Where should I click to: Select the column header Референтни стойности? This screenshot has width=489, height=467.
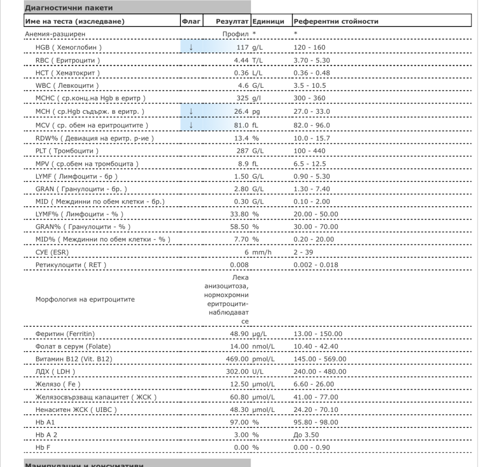click(x=336, y=21)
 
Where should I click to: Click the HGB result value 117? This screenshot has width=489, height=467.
click(x=243, y=47)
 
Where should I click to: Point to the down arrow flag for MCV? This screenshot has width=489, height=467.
click(x=191, y=125)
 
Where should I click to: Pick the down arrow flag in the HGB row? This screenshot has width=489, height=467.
click(x=191, y=47)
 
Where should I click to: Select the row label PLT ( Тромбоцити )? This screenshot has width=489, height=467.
click(x=67, y=151)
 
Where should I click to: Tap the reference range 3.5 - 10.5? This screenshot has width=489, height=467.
click(x=311, y=86)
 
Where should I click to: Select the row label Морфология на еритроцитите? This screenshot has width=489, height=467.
click(x=83, y=299)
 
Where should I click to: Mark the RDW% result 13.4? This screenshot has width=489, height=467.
click(x=242, y=138)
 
